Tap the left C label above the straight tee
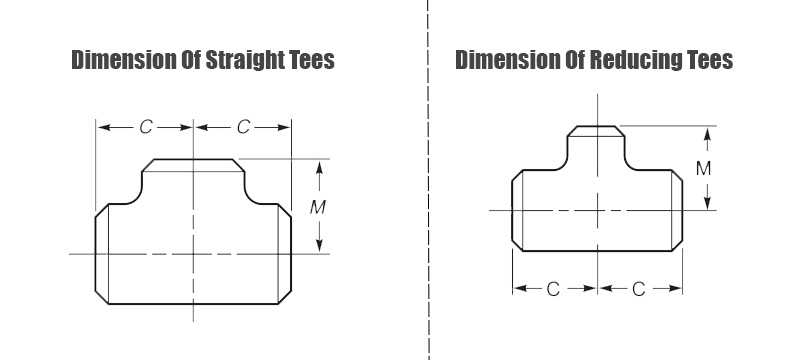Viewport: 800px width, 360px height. coord(146,127)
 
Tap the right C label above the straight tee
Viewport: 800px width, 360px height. coord(243,127)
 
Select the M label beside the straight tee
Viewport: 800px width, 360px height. coord(318,207)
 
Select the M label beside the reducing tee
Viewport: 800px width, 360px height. coord(704,168)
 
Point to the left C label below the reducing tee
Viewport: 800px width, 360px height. coord(553,289)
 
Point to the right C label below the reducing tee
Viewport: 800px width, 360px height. coord(639,289)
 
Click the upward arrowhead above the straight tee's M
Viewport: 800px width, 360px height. coord(319,167)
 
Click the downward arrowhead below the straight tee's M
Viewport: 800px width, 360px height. coord(319,245)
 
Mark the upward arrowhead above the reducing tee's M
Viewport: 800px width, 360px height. coord(707,134)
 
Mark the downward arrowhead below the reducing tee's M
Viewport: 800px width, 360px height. coord(707,203)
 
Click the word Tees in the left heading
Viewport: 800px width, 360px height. coord(314,60)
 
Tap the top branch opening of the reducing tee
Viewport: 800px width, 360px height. coord(595,131)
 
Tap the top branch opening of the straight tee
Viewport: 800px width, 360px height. coord(193,165)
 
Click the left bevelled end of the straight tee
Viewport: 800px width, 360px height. coord(102,254)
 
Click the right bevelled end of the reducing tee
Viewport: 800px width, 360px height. coord(677,210)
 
